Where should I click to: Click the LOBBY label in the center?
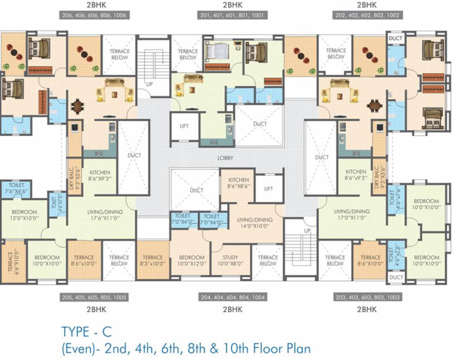[x=225, y=158]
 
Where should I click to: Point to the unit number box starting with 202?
[x=367, y=15]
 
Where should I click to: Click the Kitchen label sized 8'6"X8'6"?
[x=238, y=183]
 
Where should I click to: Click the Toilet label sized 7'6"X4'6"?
[x=16, y=188]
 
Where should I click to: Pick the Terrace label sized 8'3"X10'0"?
[x=153, y=261]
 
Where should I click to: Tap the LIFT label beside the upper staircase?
[x=184, y=126]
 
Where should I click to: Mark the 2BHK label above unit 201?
[x=232, y=5]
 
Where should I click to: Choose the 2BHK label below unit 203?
[x=367, y=309]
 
